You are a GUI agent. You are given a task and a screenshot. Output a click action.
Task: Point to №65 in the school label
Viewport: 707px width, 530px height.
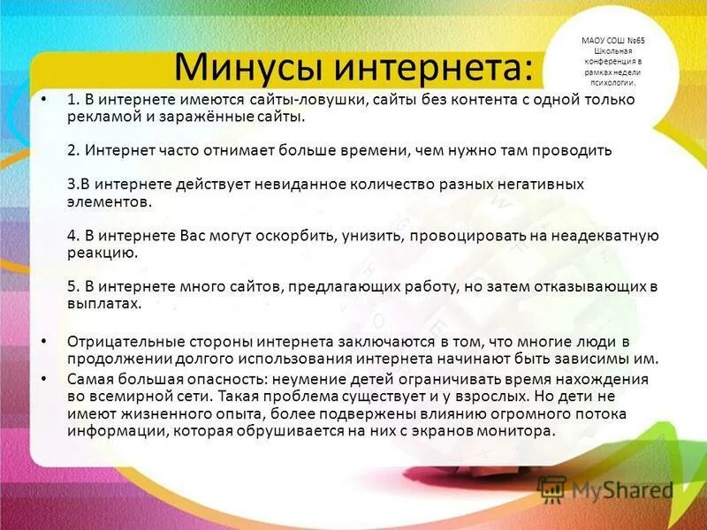(x=631, y=41)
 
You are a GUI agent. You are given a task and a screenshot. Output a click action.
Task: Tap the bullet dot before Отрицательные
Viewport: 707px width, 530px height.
(x=44, y=341)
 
